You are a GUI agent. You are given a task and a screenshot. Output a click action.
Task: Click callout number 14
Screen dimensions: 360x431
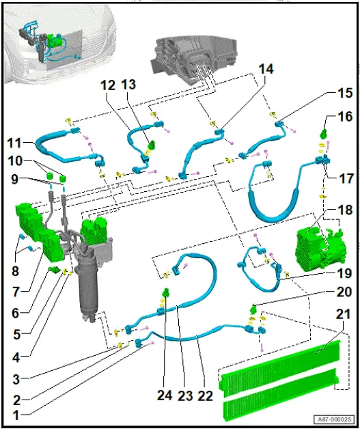(x=266, y=69)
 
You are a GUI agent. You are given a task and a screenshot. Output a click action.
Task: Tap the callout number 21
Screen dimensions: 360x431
(x=342, y=314)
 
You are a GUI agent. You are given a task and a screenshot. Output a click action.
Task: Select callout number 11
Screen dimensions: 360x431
(x=14, y=143)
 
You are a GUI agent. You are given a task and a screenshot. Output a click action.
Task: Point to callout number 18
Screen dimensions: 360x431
(x=344, y=210)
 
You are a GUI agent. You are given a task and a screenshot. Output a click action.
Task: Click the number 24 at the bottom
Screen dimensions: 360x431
(x=165, y=395)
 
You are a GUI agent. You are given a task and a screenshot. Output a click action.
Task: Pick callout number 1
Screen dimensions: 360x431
(x=16, y=415)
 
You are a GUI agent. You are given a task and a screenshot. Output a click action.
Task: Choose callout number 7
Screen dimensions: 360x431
(x=16, y=292)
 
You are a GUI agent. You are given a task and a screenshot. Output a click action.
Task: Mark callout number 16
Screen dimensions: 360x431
(x=345, y=117)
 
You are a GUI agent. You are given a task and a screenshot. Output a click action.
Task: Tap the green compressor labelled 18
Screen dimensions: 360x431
(x=320, y=249)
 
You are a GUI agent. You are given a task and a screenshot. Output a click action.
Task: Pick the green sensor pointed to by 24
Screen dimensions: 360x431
(x=166, y=292)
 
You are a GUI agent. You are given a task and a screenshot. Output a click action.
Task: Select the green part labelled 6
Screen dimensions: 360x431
(x=54, y=269)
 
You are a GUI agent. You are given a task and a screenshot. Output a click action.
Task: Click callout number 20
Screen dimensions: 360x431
(x=344, y=292)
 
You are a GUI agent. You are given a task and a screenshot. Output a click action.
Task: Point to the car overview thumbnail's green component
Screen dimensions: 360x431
(x=55, y=39)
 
